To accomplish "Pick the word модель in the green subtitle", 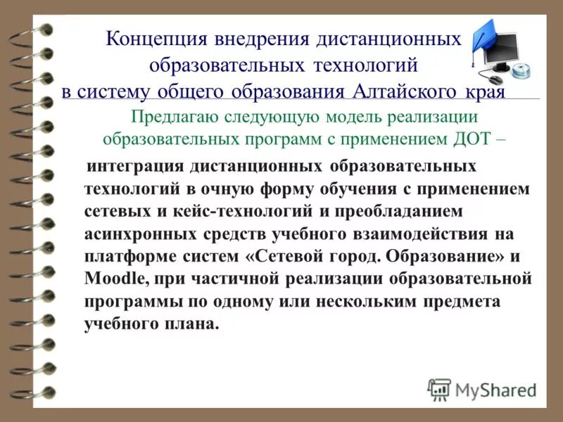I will pos(351,116).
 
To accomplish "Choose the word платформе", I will pos(122,256).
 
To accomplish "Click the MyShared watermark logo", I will pos(482,389).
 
